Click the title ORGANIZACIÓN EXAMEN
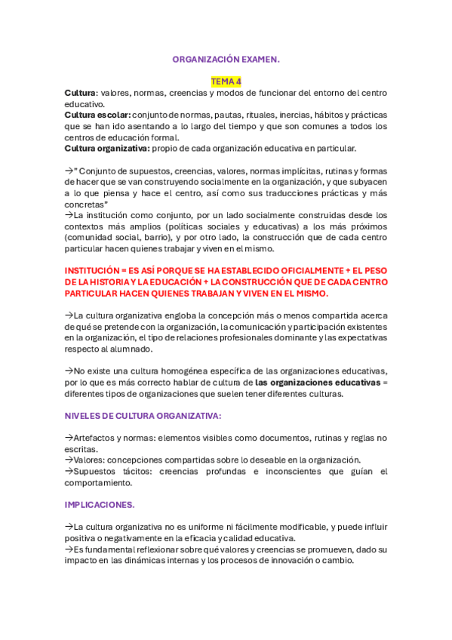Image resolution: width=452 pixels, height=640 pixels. tap(226, 59)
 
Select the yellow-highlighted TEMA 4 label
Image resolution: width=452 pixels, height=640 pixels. tap(226, 81)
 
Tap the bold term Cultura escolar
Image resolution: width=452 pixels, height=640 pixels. tap(97, 115)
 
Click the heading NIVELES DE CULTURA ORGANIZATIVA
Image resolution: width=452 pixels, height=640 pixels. tap(143, 415)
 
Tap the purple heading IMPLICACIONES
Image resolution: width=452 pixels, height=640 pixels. tap(100, 504)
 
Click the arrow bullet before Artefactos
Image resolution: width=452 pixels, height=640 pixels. tap(69, 438)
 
